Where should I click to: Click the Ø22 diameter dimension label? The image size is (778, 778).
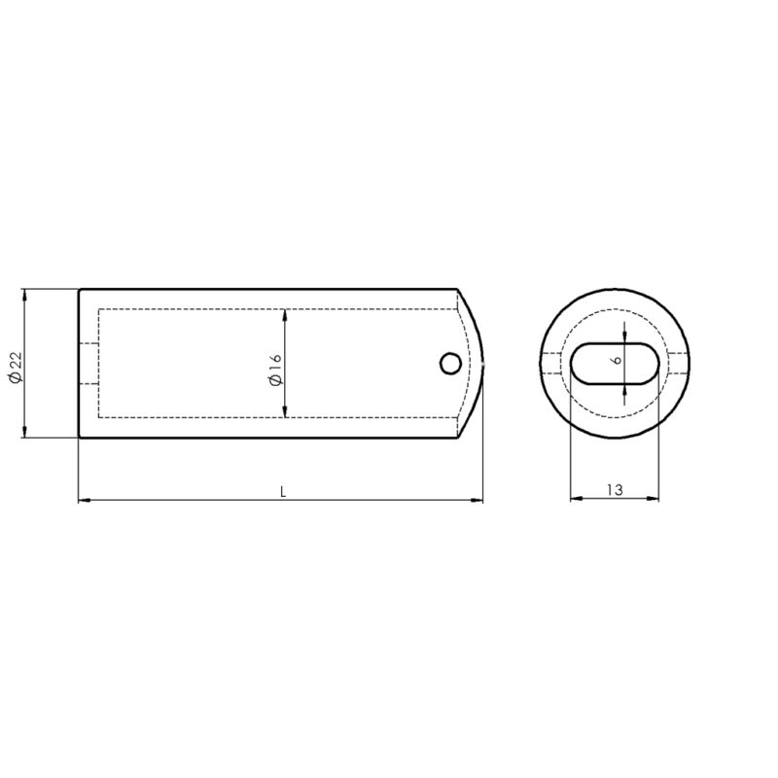point(16,368)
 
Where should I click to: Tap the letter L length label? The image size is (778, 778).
point(283,492)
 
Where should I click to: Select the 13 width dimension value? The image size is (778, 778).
point(615,490)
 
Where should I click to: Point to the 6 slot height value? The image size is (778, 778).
point(617,360)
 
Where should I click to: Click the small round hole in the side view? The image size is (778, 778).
point(450,364)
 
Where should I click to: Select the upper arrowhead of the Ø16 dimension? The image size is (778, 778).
point(285,315)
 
